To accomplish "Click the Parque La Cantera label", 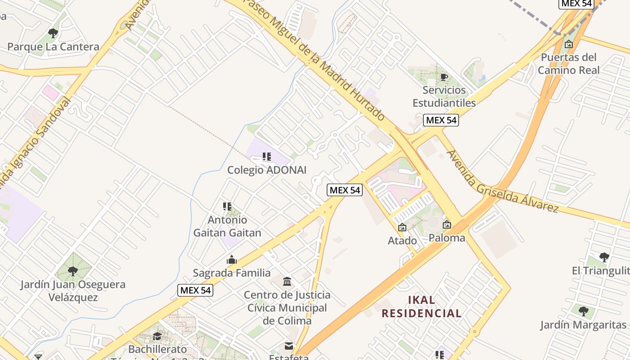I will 53,47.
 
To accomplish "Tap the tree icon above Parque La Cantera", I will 53,33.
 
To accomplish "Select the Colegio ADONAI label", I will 266,170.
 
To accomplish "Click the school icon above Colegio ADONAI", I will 266,157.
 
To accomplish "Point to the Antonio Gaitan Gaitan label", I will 227,226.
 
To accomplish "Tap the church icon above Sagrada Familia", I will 232,260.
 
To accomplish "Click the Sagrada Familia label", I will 232,273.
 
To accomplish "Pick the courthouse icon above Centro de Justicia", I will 287,282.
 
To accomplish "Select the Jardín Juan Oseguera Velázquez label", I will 73,291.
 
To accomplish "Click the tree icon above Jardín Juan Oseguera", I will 73,271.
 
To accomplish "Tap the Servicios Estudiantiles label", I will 444,96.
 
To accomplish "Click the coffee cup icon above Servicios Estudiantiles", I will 444,77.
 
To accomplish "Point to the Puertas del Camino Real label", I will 569,63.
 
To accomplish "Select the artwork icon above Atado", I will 402,228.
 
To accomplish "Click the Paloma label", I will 446,238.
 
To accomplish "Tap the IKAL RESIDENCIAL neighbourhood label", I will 422,306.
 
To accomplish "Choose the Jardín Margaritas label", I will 583,325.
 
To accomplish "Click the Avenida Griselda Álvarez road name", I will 502,181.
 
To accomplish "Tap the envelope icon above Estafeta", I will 288,346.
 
